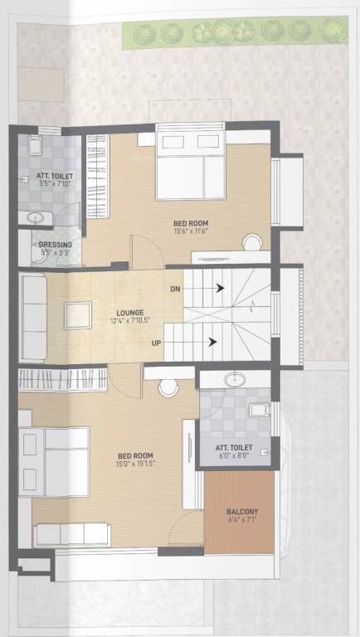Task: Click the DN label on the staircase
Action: (x=175, y=289)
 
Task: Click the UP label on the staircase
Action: (x=156, y=342)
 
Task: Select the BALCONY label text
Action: (x=242, y=512)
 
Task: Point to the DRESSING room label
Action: (x=56, y=245)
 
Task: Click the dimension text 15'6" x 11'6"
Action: (x=190, y=231)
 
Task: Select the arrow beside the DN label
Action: (x=220, y=289)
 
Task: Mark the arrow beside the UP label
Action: (x=213, y=341)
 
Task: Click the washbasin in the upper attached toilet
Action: (x=35, y=219)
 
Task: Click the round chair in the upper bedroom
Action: (x=251, y=241)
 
